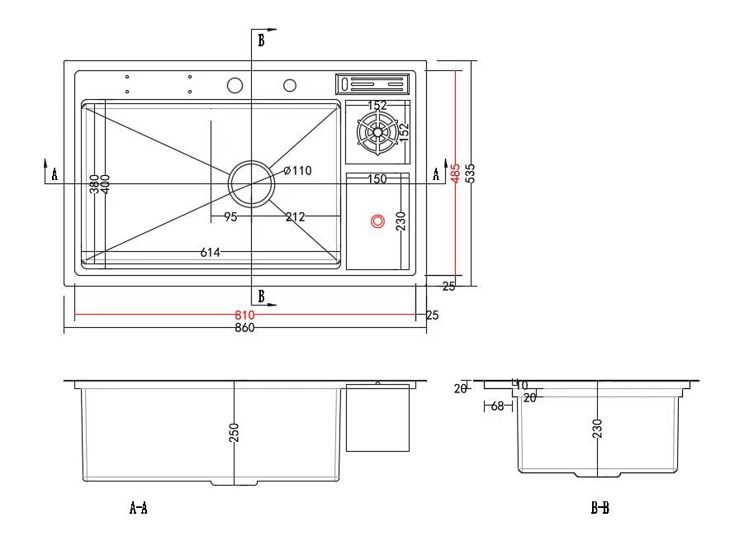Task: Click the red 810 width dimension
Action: pyautogui.click(x=244, y=315)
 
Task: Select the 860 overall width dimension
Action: pyautogui.click(x=244, y=327)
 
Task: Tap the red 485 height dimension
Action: pyautogui.click(x=455, y=173)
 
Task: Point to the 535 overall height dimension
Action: pyautogui.click(x=470, y=173)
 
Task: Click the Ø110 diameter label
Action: pyautogui.click(x=297, y=171)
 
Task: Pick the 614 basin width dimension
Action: pyautogui.click(x=210, y=252)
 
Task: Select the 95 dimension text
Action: pyautogui.click(x=230, y=217)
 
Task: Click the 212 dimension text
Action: pyautogui.click(x=295, y=217)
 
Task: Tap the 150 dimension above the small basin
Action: pyautogui.click(x=377, y=179)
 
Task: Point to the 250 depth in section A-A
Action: pyautogui.click(x=234, y=432)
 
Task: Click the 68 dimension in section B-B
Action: pyautogui.click(x=497, y=406)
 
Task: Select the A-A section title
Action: pyautogui.click(x=139, y=508)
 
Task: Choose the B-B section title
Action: pyautogui.click(x=600, y=508)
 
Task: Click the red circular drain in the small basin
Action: pyautogui.click(x=377, y=221)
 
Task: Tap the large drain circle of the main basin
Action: pyautogui.click(x=251, y=183)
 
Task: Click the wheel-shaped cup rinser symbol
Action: pyautogui.click(x=377, y=133)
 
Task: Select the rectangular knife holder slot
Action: pyautogui.click(x=372, y=83)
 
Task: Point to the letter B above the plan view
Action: pyautogui.click(x=261, y=40)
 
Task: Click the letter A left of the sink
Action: pyautogui.click(x=55, y=173)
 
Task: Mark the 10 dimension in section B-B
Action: pyautogui.click(x=521, y=385)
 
